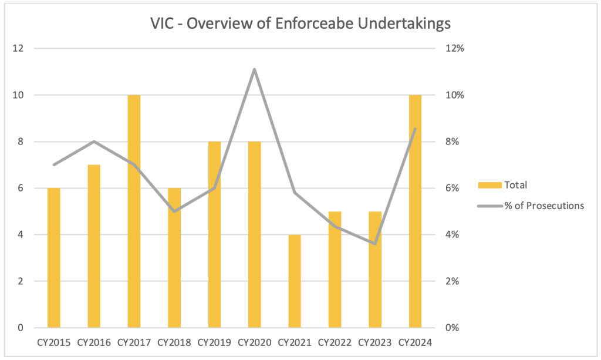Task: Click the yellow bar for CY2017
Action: [134, 211]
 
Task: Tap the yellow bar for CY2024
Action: [415, 211]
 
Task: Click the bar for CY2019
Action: [214, 235]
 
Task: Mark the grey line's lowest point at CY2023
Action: [374, 244]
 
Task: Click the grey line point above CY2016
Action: [94, 142]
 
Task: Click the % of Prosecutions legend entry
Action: [531, 206]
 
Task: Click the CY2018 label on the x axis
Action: [174, 342]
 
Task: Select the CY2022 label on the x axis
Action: [335, 342]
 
